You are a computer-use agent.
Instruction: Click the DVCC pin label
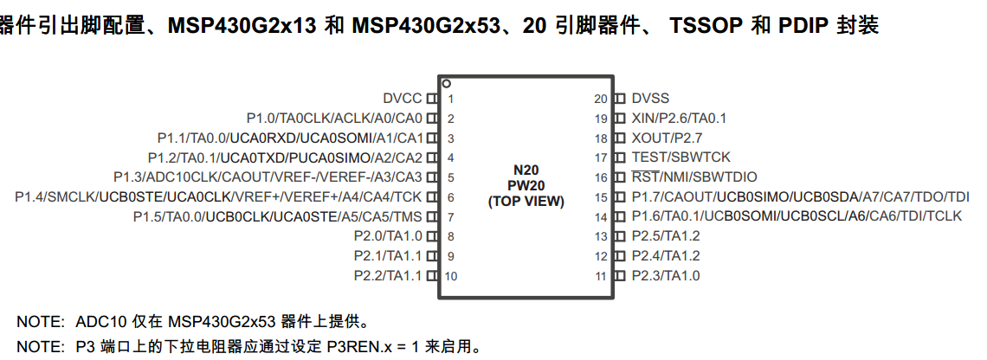click(x=402, y=99)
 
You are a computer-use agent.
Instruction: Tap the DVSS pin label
click(x=650, y=99)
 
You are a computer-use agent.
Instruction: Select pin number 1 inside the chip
click(x=450, y=99)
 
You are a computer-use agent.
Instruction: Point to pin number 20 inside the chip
click(x=600, y=99)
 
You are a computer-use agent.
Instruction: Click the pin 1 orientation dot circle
click(x=446, y=84)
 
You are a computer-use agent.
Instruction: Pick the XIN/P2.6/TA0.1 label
click(x=679, y=119)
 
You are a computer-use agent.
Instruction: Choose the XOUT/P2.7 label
click(x=667, y=138)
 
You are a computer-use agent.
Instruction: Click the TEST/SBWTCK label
click(x=681, y=157)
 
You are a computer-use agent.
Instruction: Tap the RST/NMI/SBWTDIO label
click(x=693, y=177)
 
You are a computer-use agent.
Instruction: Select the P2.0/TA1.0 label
click(x=388, y=236)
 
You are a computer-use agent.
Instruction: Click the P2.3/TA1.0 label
click(x=665, y=276)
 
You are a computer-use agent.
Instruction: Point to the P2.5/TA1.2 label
click(x=665, y=236)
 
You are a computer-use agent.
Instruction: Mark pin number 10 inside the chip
click(x=450, y=276)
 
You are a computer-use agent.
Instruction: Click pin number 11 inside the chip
click(x=600, y=276)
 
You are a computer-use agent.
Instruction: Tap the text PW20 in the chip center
click(x=526, y=186)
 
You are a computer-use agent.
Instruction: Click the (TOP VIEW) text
click(x=526, y=201)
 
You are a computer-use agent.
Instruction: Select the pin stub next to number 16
click(x=619, y=177)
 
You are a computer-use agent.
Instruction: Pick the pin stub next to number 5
click(x=432, y=177)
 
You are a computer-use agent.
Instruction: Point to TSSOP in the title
click(x=706, y=26)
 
